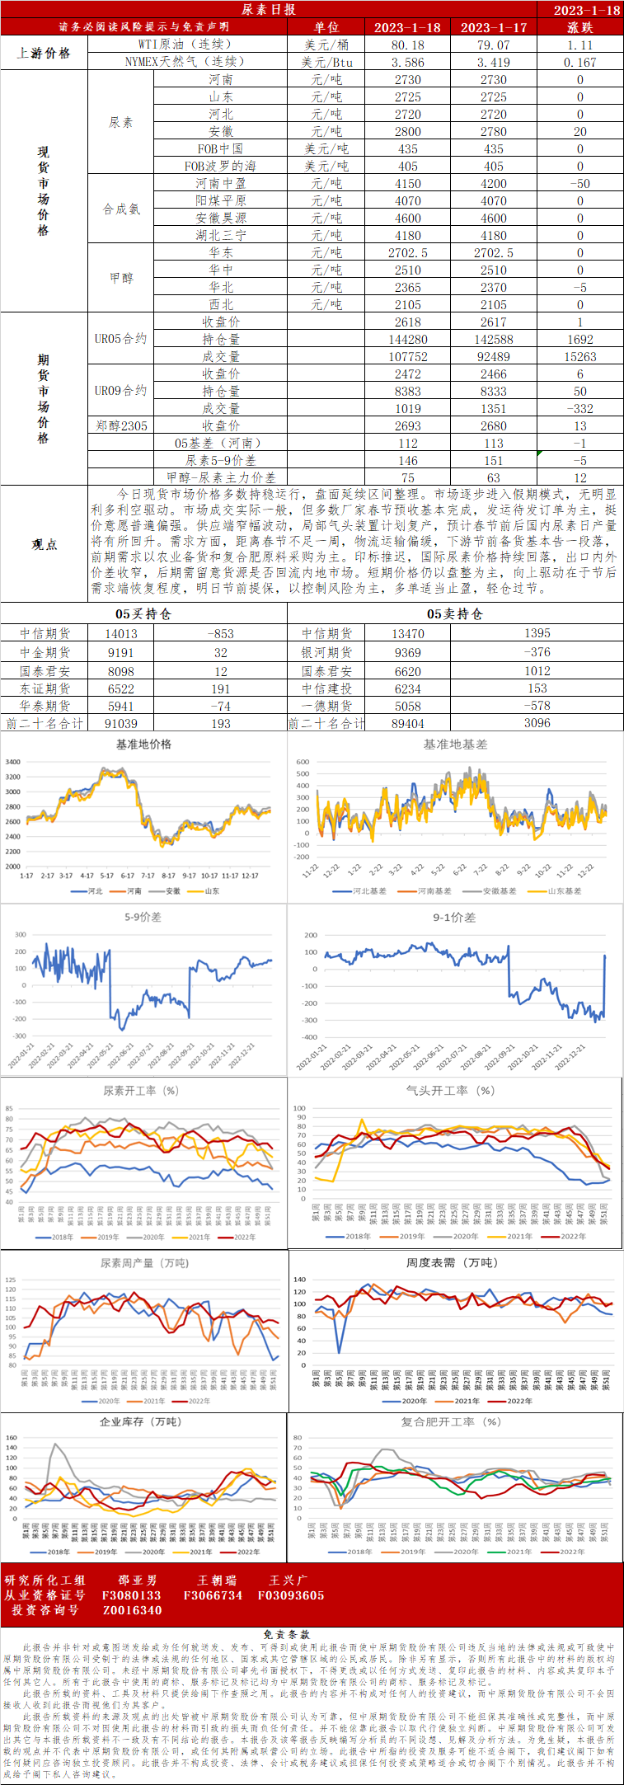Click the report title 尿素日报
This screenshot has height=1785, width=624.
(x=269, y=9)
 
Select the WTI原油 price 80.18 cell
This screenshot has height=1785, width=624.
(x=407, y=45)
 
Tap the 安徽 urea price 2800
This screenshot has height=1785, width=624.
(x=407, y=132)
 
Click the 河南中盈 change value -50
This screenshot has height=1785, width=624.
(x=579, y=184)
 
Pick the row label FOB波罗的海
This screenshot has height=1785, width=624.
(x=220, y=167)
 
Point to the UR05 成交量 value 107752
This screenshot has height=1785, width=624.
(x=407, y=357)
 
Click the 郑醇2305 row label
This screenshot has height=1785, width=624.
(x=121, y=426)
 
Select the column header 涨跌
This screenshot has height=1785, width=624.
(x=579, y=27)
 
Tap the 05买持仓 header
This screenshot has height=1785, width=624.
(x=143, y=613)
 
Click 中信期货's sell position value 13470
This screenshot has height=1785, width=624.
(x=407, y=634)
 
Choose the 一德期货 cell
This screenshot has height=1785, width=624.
(x=326, y=707)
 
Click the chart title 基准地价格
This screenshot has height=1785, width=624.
(x=143, y=744)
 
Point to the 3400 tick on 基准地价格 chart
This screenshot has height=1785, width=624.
(x=12, y=763)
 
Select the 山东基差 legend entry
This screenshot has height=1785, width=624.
(x=560, y=891)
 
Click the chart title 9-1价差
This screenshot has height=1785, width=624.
(x=454, y=918)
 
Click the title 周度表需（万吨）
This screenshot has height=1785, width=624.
(x=452, y=1263)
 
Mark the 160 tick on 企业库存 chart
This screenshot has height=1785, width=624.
(x=12, y=1438)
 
